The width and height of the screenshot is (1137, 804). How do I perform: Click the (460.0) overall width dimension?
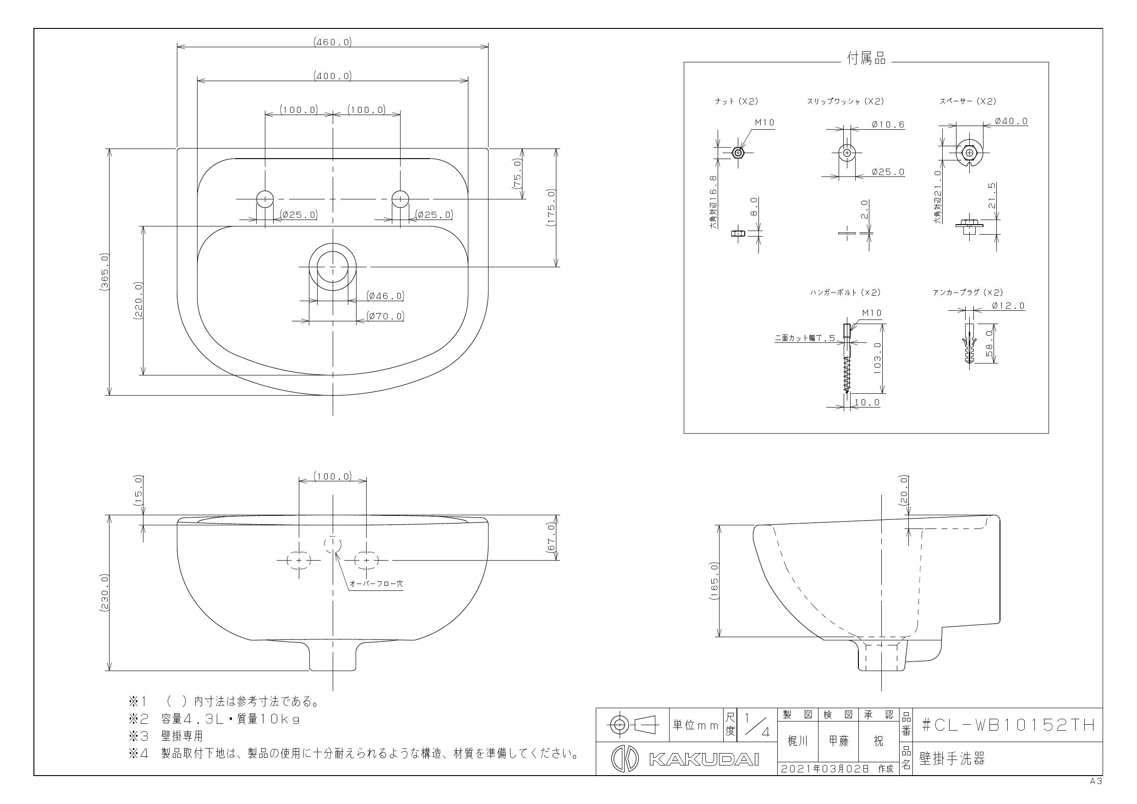pyautogui.click(x=333, y=42)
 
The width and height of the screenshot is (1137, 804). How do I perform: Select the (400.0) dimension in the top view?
pyautogui.click(x=333, y=76)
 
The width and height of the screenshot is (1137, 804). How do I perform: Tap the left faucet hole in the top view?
pyautogui.click(x=265, y=198)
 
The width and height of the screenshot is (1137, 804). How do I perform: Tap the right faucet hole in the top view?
pyautogui.click(x=400, y=198)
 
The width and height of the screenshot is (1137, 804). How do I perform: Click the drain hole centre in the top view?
pyautogui.click(x=333, y=266)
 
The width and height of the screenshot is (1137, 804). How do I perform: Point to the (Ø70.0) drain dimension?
pyautogui.click(x=385, y=315)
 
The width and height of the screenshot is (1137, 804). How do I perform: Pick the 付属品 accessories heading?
pyautogui.click(x=866, y=59)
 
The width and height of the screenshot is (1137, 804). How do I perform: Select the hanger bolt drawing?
pyautogui.click(x=847, y=358)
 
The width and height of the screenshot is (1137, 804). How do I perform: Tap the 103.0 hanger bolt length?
pyautogui.click(x=878, y=358)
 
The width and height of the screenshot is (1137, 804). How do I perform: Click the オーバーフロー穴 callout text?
pyautogui.click(x=376, y=584)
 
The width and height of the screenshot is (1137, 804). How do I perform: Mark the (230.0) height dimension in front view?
pyautogui.click(x=104, y=593)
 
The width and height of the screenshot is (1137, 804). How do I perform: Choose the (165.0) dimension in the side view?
pyautogui.click(x=714, y=581)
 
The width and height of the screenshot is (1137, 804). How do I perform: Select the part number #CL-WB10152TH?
pyautogui.click(x=1008, y=725)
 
